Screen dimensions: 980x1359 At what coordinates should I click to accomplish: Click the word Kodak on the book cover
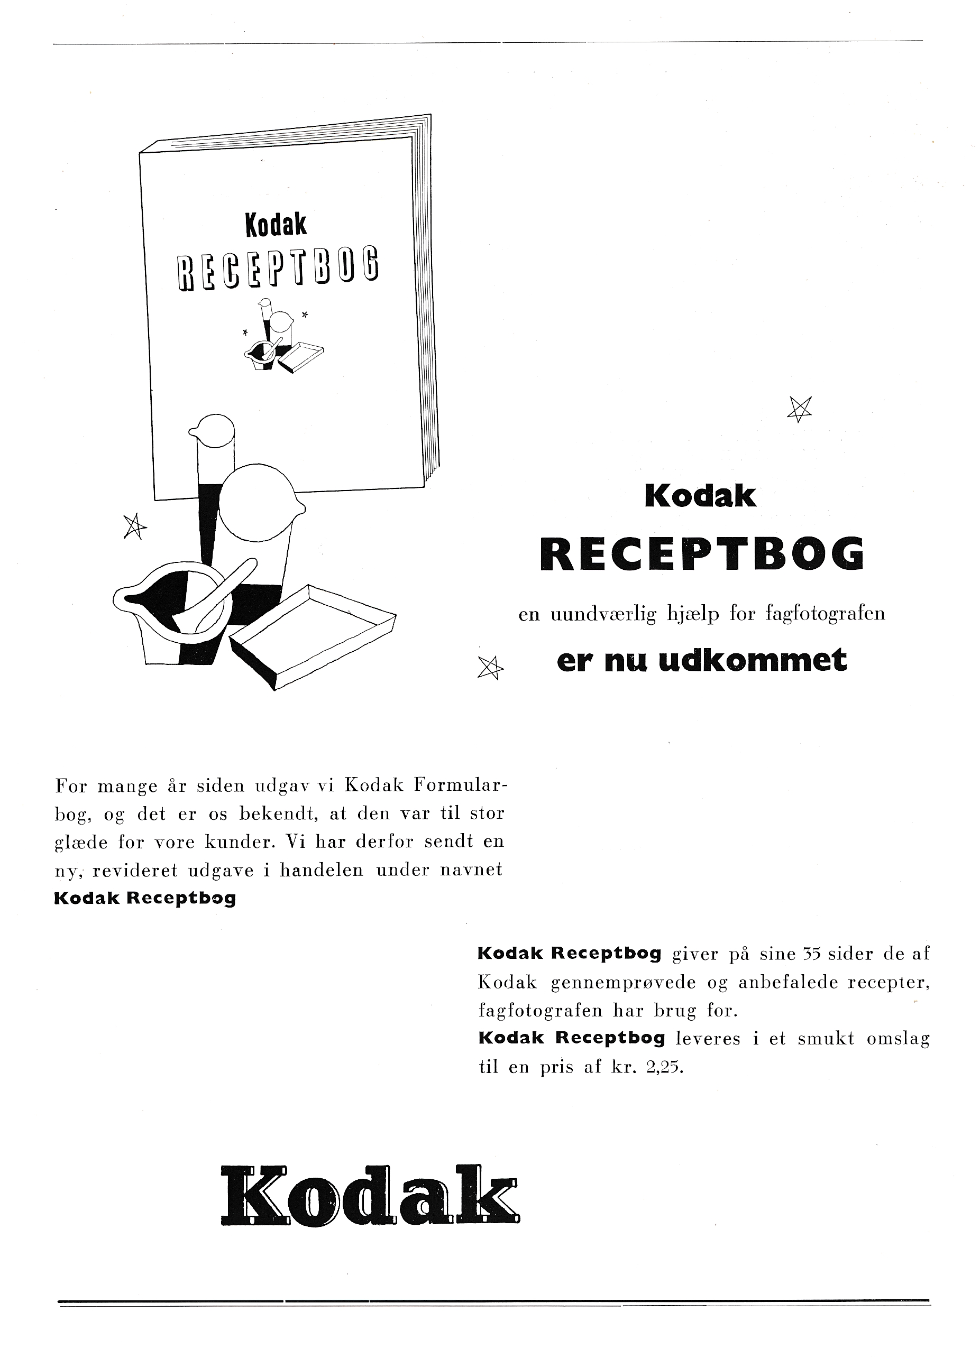point(276,225)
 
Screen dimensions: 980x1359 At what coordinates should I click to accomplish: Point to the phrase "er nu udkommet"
point(702,661)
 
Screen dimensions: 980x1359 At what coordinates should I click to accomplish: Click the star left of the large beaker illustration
point(135,526)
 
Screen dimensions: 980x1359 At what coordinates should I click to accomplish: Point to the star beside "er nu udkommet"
point(490,668)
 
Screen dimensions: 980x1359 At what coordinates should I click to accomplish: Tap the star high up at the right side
point(800,409)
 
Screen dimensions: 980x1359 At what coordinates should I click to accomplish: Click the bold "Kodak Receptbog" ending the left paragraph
point(145,899)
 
